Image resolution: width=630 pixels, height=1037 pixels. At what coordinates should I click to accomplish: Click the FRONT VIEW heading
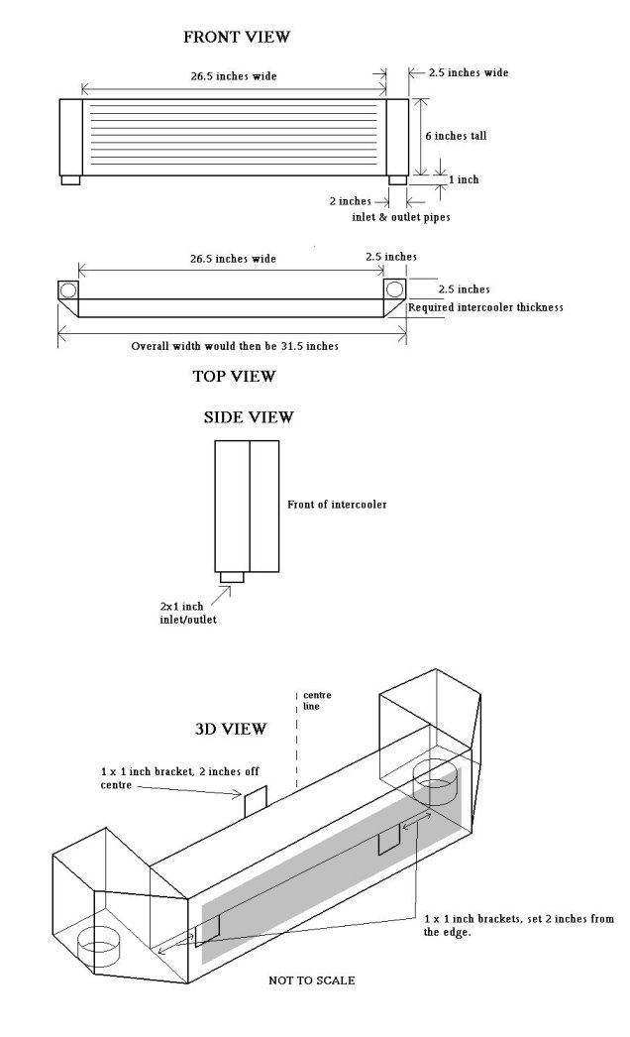[x=236, y=38]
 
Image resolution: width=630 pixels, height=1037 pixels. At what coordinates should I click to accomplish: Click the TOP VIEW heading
[x=234, y=376]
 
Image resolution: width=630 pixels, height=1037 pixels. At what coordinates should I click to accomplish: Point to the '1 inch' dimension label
[x=465, y=179]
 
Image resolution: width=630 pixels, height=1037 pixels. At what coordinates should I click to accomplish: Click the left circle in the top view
[x=70, y=290]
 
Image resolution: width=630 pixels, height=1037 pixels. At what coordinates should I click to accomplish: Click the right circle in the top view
[x=393, y=289]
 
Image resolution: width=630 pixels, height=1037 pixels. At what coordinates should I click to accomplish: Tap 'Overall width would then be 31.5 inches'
[x=234, y=347]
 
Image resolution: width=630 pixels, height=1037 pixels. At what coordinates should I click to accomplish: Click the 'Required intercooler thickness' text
[x=485, y=307]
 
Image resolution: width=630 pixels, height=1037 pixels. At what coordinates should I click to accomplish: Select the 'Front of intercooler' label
[x=330, y=505]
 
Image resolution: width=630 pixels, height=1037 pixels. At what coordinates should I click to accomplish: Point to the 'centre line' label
[x=316, y=701]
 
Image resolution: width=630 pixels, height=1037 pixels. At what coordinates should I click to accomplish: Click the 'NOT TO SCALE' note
[x=312, y=980]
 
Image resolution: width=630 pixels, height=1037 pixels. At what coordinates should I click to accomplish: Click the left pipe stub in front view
[x=70, y=179]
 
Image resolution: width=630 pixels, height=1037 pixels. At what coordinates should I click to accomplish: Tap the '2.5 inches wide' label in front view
[x=468, y=73]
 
